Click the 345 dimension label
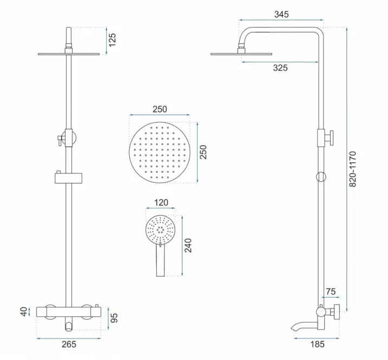tap(281, 15)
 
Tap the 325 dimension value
tap(280, 68)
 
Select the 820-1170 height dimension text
tap(352, 169)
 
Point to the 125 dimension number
tap(112, 40)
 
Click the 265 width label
tap(69, 344)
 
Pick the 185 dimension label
tap(317, 344)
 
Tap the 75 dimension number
tap(331, 291)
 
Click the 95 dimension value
tap(114, 318)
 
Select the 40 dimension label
tap(24, 311)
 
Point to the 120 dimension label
tap(161, 202)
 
